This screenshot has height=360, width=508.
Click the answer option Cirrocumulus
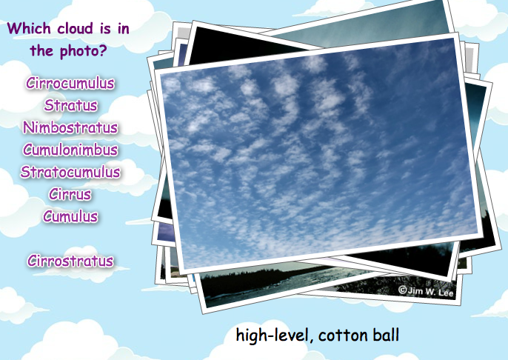(x=70, y=83)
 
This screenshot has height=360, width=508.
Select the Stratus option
(x=70, y=105)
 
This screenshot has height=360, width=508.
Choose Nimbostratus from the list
(x=70, y=127)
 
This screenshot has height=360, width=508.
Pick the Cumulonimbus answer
(x=70, y=150)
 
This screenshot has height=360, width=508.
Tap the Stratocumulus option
(x=70, y=172)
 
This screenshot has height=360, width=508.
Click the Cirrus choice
(x=70, y=194)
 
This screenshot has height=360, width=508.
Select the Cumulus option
(x=70, y=216)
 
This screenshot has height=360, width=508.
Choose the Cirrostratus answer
(x=70, y=261)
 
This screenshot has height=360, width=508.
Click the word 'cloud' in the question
(x=76, y=28)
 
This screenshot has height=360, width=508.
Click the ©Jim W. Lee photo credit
(x=426, y=291)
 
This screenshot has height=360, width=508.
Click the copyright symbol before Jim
(x=402, y=290)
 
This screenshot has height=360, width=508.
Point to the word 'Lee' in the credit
(x=446, y=293)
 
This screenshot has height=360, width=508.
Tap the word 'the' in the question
(x=41, y=51)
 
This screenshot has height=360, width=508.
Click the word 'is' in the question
(x=105, y=28)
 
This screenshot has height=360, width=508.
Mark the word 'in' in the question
(x=124, y=28)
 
